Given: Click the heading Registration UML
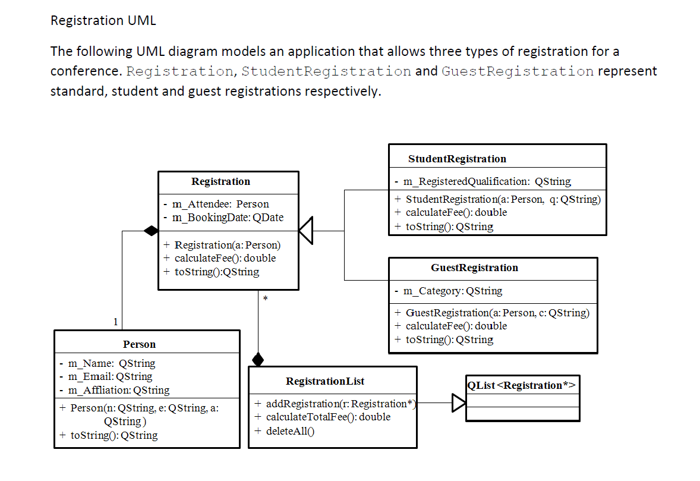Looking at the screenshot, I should [x=103, y=20].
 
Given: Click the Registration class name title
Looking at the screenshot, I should [x=220, y=181].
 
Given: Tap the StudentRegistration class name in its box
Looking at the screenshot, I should [x=457, y=159].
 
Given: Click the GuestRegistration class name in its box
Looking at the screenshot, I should [x=474, y=268].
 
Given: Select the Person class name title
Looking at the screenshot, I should [x=139, y=344].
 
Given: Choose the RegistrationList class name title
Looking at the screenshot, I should [x=325, y=381].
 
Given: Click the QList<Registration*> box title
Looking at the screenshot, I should [x=521, y=385].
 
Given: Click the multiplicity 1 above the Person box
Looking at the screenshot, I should [x=116, y=322].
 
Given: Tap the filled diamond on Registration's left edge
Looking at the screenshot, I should [x=152, y=231].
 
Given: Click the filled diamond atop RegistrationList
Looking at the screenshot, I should [x=258, y=359].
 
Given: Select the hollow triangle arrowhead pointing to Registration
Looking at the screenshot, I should [x=305, y=231].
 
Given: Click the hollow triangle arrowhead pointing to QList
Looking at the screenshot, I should [x=458, y=403].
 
